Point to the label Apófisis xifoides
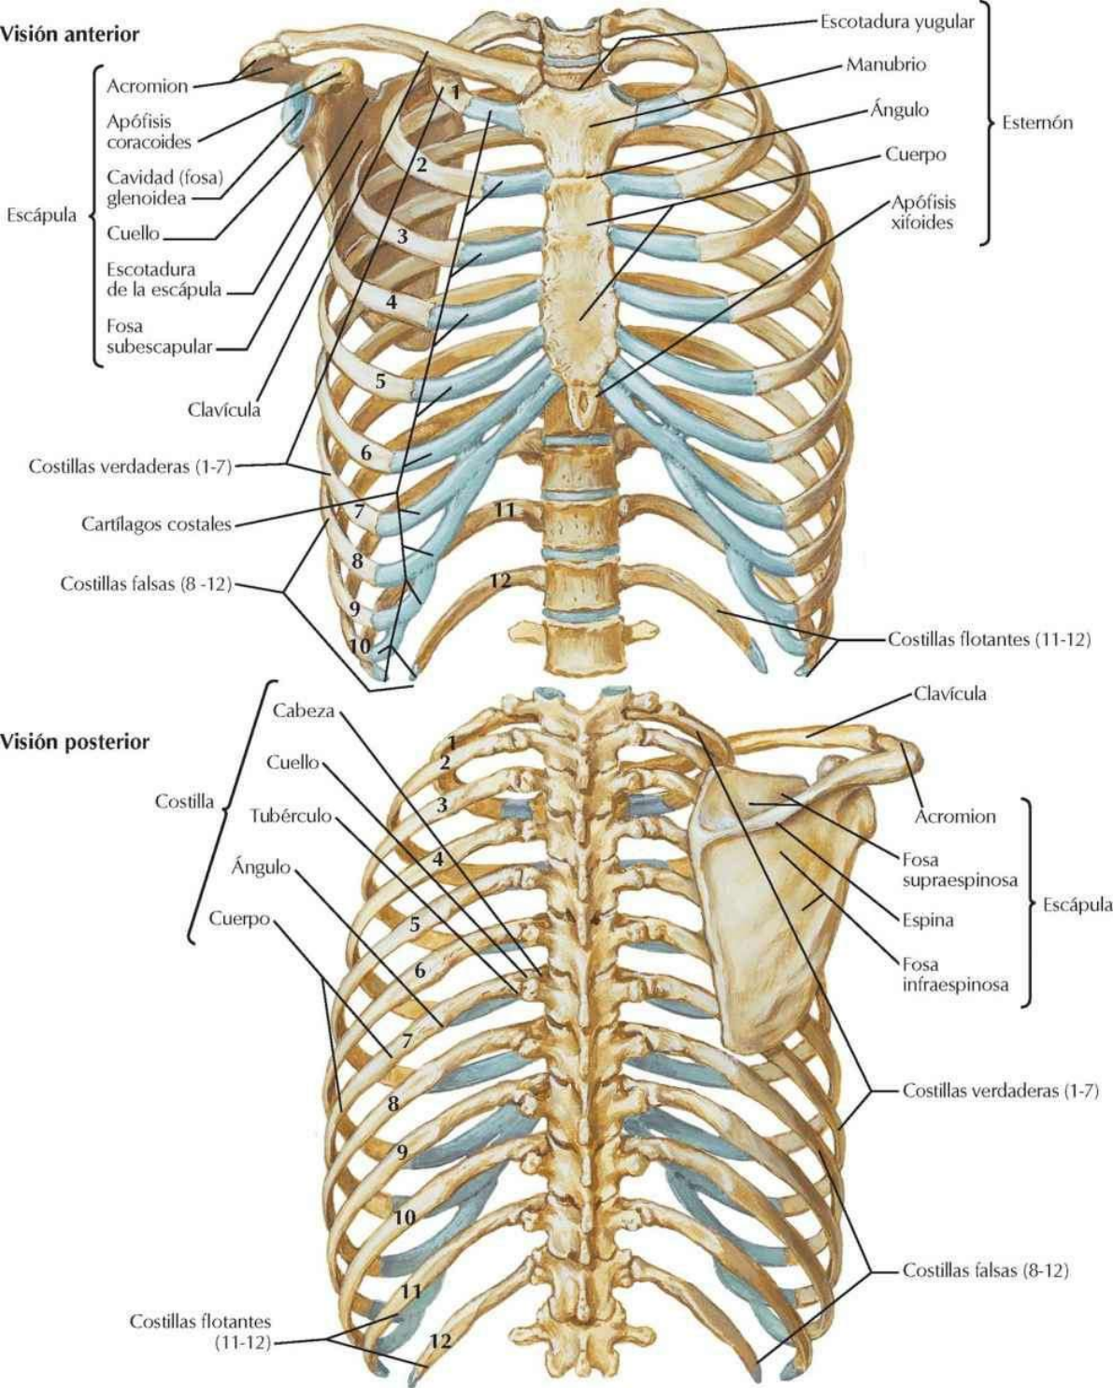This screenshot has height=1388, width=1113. click(x=923, y=212)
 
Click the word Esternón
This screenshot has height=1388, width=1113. click(x=1037, y=122)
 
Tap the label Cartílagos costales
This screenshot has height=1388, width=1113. click(x=155, y=524)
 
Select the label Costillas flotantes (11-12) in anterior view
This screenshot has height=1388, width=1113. click(x=989, y=641)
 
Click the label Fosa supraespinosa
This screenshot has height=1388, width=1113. click(x=960, y=869)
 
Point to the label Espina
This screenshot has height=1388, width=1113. click(x=928, y=920)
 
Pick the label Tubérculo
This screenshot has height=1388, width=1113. click(x=291, y=815)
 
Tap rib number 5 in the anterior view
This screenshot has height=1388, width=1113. click(x=380, y=380)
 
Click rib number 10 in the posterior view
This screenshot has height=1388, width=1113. click(x=405, y=1217)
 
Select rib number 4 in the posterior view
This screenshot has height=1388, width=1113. click(x=435, y=857)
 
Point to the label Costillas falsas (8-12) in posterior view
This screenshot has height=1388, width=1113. click(x=985, y=1270)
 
